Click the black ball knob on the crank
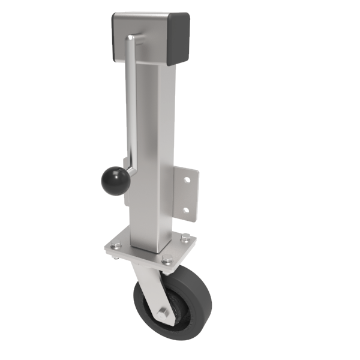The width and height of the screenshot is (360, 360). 114,181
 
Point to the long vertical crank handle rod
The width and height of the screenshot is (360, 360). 130,108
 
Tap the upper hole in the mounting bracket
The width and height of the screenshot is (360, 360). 188,179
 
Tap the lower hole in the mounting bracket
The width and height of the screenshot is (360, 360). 186,210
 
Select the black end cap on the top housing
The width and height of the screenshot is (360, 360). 179,40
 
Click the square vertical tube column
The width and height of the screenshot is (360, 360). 150,150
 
